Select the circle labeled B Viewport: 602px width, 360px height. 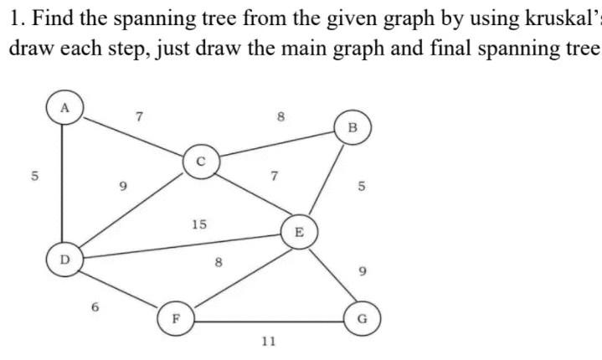352,128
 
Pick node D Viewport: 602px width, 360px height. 63,258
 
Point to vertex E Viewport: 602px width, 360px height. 297,232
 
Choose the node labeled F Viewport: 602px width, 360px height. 175,317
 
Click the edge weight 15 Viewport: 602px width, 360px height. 199,224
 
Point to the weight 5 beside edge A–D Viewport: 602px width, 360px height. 34,177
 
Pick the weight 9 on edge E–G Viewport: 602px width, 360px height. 361,270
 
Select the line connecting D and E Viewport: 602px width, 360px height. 180,245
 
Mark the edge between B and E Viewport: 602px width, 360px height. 326,181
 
